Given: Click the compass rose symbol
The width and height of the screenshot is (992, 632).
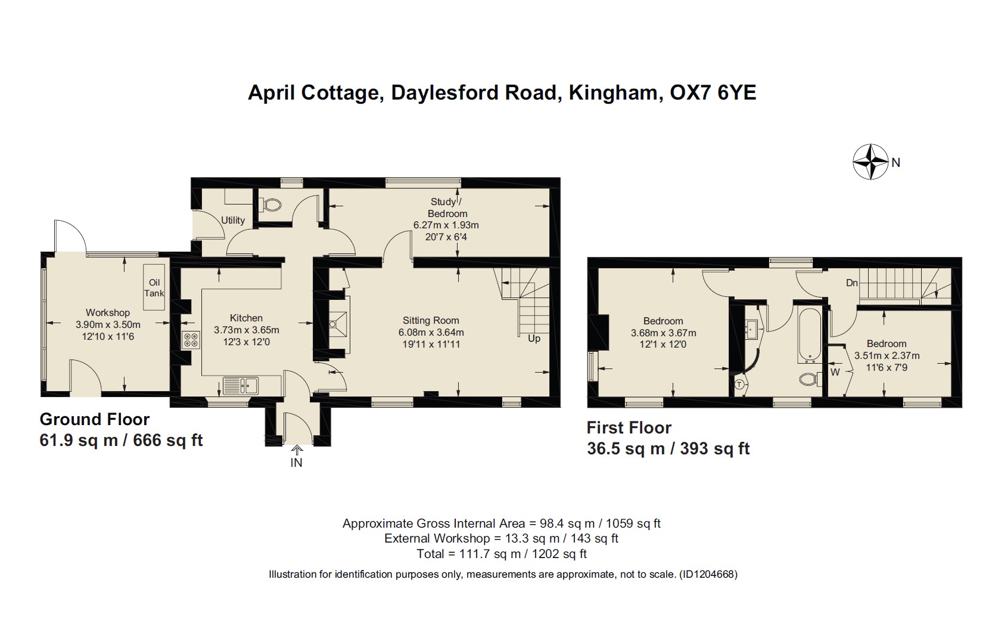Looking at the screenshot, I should (870, 162).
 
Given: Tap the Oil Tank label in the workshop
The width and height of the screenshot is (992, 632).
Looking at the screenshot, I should (154, 287).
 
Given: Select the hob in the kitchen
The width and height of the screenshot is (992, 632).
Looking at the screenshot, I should (191, 340).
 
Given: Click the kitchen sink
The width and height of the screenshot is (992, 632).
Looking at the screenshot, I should (241, 386).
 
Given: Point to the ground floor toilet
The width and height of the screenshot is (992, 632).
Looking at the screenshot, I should (272, 205).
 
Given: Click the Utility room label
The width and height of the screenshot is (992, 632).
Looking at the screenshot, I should (233, 220).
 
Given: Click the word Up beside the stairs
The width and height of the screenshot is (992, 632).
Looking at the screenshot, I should (534, 338).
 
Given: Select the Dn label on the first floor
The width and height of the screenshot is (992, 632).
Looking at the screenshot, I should (851, 283).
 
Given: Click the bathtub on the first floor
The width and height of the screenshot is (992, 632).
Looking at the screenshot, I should (809, 335).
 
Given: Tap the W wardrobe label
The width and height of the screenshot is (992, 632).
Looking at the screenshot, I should (835, 372).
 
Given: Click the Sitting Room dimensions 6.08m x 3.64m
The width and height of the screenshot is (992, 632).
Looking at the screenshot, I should (431, 332).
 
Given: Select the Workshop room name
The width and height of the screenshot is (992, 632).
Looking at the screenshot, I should (108, 312).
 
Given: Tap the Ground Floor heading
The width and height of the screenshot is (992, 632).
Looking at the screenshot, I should (95, 419).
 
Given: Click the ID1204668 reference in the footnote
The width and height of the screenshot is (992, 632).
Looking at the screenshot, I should (708, 575).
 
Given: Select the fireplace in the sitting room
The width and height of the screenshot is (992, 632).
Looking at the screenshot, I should (337, 323).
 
